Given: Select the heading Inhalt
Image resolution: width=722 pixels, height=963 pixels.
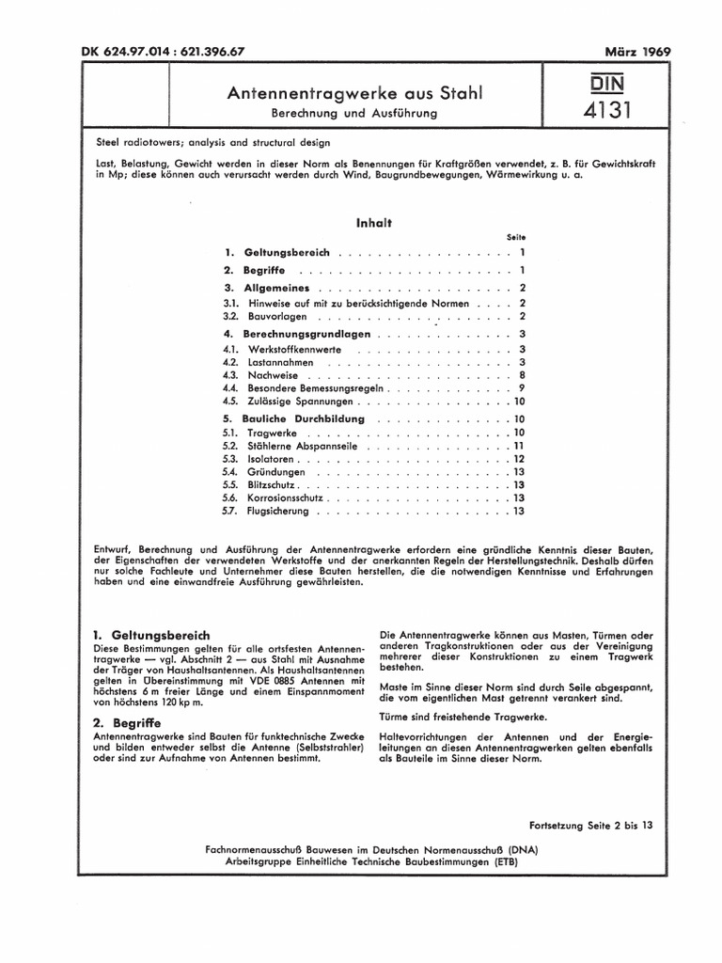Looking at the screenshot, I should (x=373, y=223).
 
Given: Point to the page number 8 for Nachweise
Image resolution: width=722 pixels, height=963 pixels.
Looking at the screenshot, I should (x=520, y=375).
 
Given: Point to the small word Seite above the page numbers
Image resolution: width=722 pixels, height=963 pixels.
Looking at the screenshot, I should (x=515, y=237).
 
